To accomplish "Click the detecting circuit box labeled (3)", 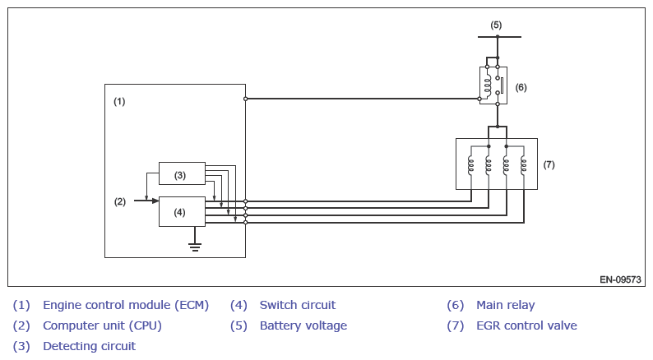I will coord(182,174).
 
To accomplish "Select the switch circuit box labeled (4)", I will coord(182,211).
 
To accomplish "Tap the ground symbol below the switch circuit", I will coord(194,245).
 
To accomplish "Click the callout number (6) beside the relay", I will coord(521,86).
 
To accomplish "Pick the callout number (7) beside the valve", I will coord(549,164).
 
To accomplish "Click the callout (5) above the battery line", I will coord(496,25).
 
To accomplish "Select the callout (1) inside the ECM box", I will coord(119,101).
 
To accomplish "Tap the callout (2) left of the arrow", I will coord(119,201).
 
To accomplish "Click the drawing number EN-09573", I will coord(620,279).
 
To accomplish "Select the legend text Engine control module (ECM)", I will coord(125,305).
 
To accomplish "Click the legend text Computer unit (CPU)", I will coord(102,325).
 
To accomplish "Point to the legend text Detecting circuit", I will coord(89,346).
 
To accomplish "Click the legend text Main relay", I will coord(505,305).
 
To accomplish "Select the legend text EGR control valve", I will coord(526,325).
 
